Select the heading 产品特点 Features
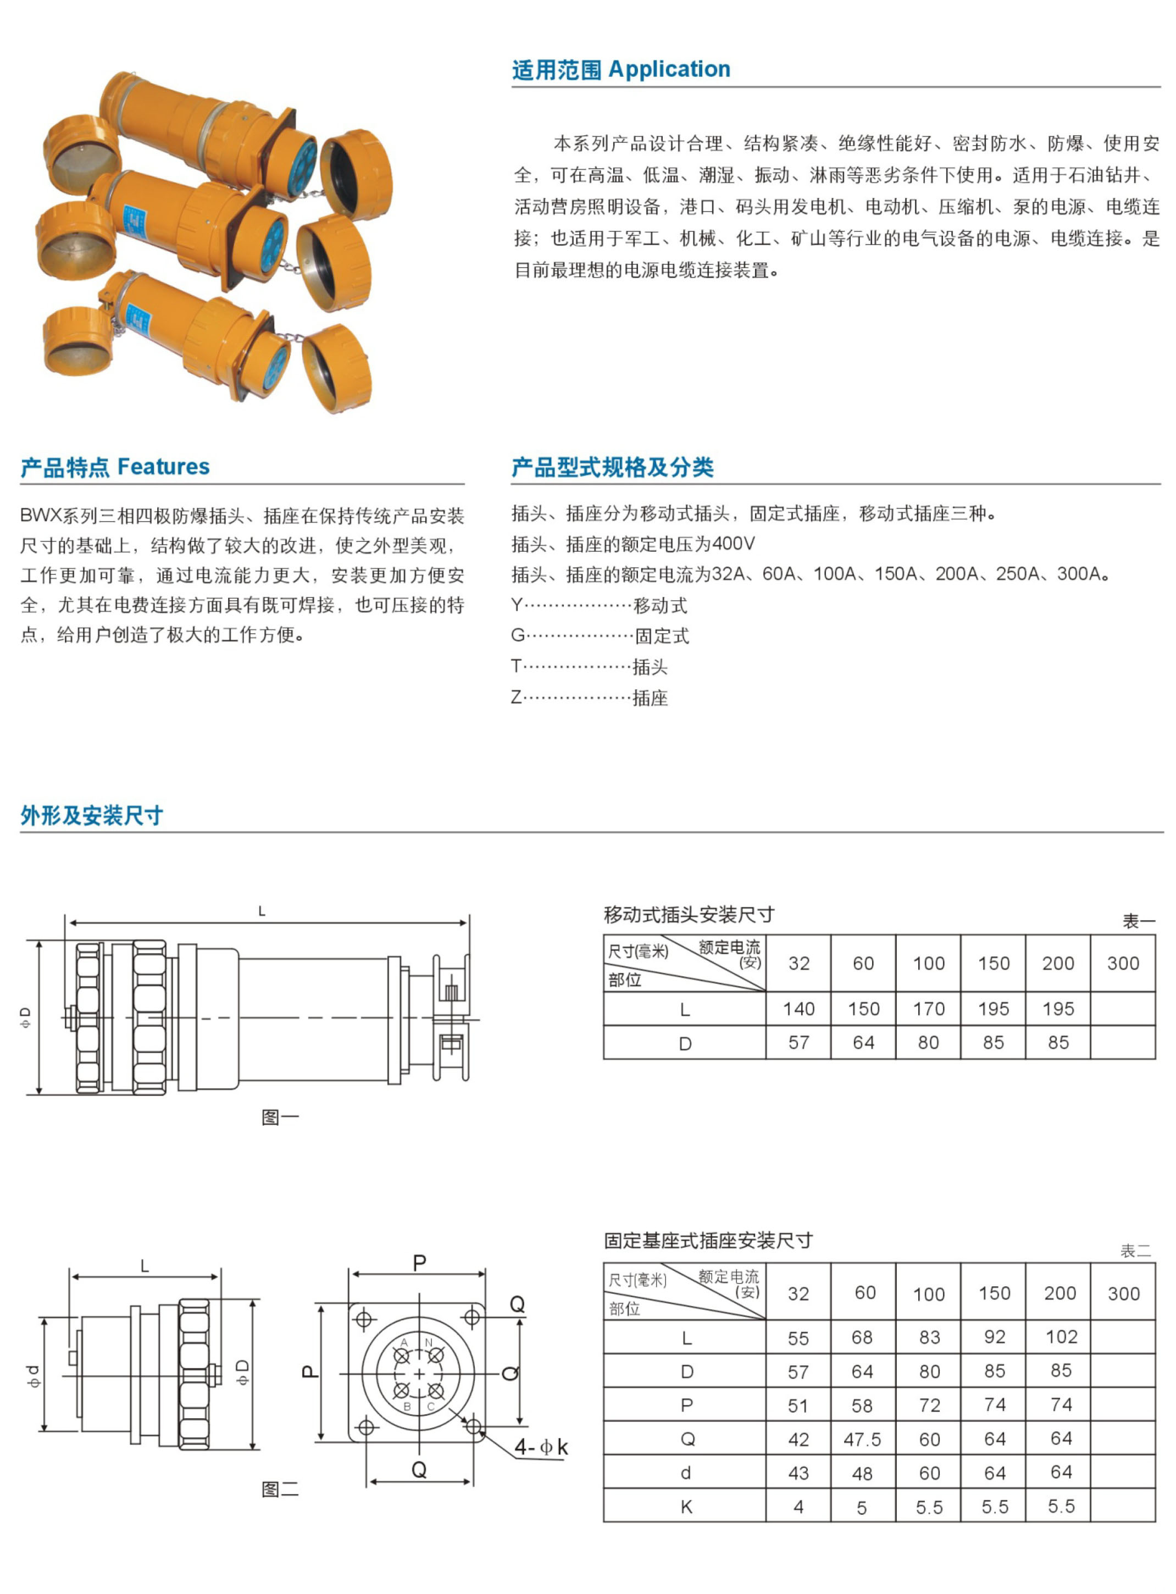[115, 467]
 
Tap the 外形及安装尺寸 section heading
[92, 815]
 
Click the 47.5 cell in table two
[862, 1440]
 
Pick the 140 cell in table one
[798, 1009]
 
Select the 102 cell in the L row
[1061, 1337]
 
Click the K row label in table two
[686, 1507]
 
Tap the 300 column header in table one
[1123, 963]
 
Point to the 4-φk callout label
[541, 1447]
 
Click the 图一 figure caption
[280, 1117]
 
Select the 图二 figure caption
[280, 1488]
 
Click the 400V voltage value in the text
[733, 544]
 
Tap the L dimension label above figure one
[262, 911]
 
